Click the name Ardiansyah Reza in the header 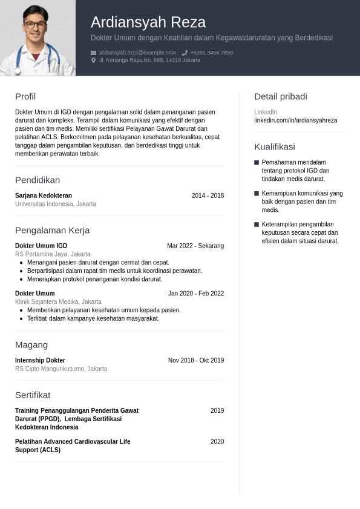pos(148,22)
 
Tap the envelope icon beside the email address pos(94,53)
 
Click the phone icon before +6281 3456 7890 pos(185,53)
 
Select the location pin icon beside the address pos(94,61)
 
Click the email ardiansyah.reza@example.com pos(137,53)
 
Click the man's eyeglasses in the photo pos(35,25)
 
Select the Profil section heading pos(25,97)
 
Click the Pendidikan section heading pos(38,180)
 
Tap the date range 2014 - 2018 pos(208,195)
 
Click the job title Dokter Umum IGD pos(41,246)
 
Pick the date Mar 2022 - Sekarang pos(195,246)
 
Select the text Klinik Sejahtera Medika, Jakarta pos(58,301)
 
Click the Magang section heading pos(31,345)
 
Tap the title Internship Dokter pos(40,360)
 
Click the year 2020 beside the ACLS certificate pos(217,442)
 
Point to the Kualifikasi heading pos(275,146)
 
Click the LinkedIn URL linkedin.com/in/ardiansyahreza pos(296,120)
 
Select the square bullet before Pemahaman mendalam pos(257,163)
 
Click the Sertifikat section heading pos(33,395)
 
